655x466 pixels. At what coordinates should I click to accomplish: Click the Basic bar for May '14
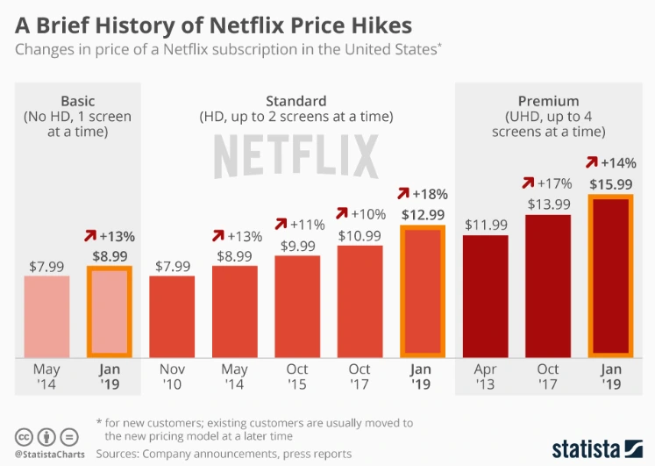pyautogui.click(x=46, y=317)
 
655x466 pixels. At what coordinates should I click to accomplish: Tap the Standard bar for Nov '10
pyautogui.click(x=171, y=317)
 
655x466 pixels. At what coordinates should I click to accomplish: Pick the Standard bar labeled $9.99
pyautogui.click(x=296, y=307)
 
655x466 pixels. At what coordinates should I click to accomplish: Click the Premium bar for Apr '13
pyautogui.click(x=485, y=297)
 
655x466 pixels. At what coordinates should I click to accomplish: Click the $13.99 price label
pyautogui.click(x=547, y=204)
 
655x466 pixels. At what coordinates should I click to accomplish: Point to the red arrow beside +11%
pyautogui.click(x=282, y=224)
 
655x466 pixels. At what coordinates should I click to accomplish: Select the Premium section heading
pyautogui.click(x=548, y=102)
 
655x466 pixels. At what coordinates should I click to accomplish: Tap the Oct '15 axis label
pyautogui.click(x=296, y=376)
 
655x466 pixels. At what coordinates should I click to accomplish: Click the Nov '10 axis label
pyautogui.click(x=171, y=376)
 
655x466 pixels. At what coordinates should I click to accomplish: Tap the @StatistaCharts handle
pyautogui.click(x=47, y=455)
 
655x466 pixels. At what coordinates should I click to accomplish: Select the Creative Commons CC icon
pyautogui.click(x=23, y=436)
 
